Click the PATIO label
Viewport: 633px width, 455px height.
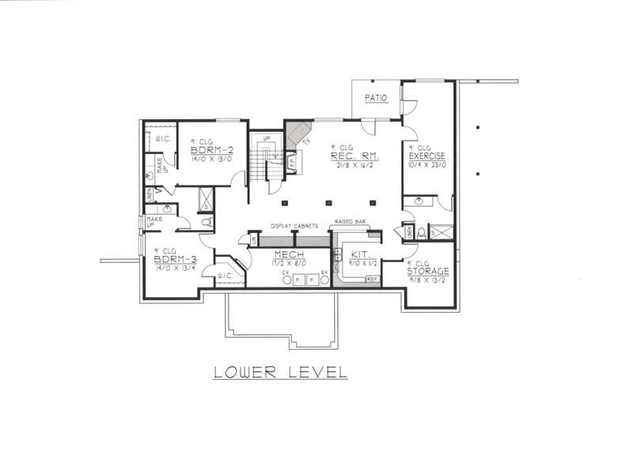click(x=375, y=98)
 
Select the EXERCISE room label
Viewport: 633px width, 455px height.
click(x=427, y=156)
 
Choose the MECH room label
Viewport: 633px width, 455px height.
click(x=284, y=254)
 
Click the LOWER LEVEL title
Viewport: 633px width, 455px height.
click(x=280, y=371)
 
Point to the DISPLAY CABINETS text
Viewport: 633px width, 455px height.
click(x=293, y=225)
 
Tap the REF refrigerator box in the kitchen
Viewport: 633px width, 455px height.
click(x=372, y=279)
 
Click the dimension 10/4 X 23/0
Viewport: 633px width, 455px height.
click(x=427, y=165)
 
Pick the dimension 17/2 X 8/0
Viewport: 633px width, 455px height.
click(x=284, y=264)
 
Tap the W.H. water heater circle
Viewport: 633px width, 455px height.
click(x=324, y=279)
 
